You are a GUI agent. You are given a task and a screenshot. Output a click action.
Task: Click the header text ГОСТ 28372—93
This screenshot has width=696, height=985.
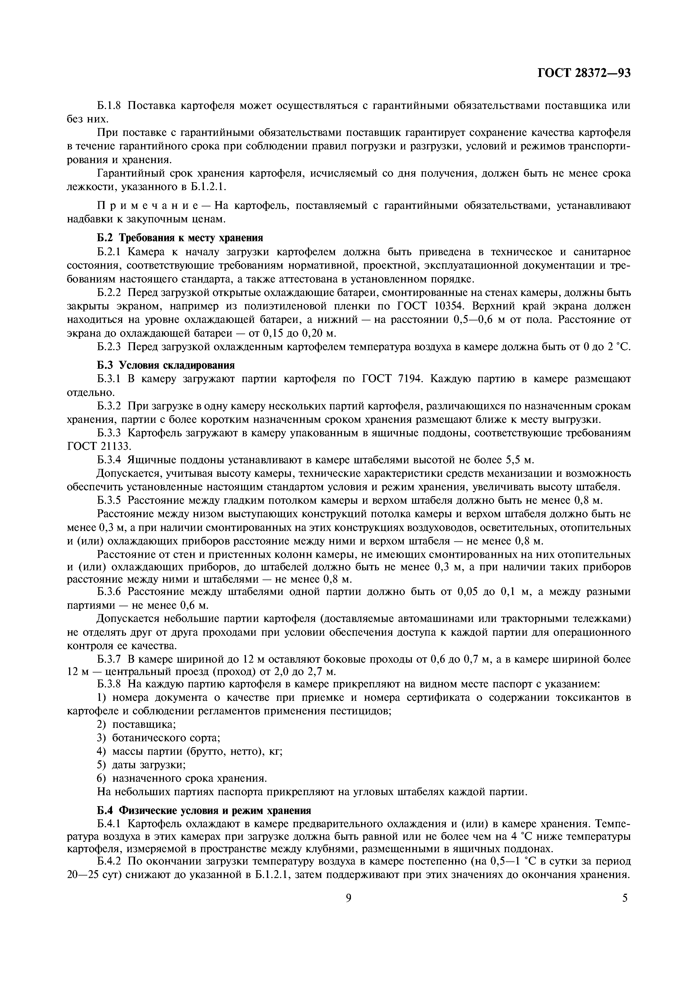click(584, 73)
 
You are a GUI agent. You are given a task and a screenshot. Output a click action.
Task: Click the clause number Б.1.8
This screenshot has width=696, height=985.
click(110, 106)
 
